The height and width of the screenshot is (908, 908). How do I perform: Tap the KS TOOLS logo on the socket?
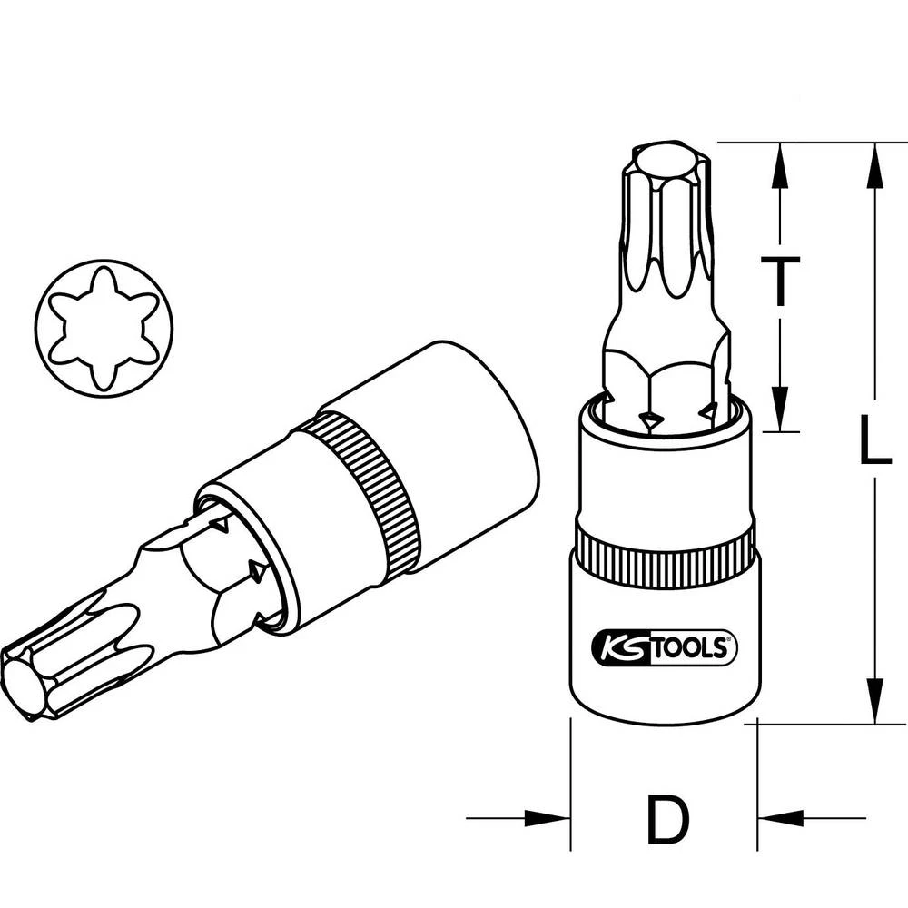[665, 646]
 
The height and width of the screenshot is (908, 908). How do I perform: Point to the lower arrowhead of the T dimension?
[780, 408]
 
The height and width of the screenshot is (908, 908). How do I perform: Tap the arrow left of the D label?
[545, 818]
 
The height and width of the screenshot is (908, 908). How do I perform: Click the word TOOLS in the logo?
[695, 647]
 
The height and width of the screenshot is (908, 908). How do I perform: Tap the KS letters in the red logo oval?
[617, 647]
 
